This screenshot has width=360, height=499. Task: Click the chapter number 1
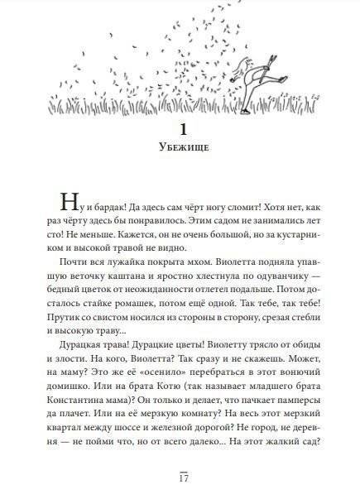point(179,132)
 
